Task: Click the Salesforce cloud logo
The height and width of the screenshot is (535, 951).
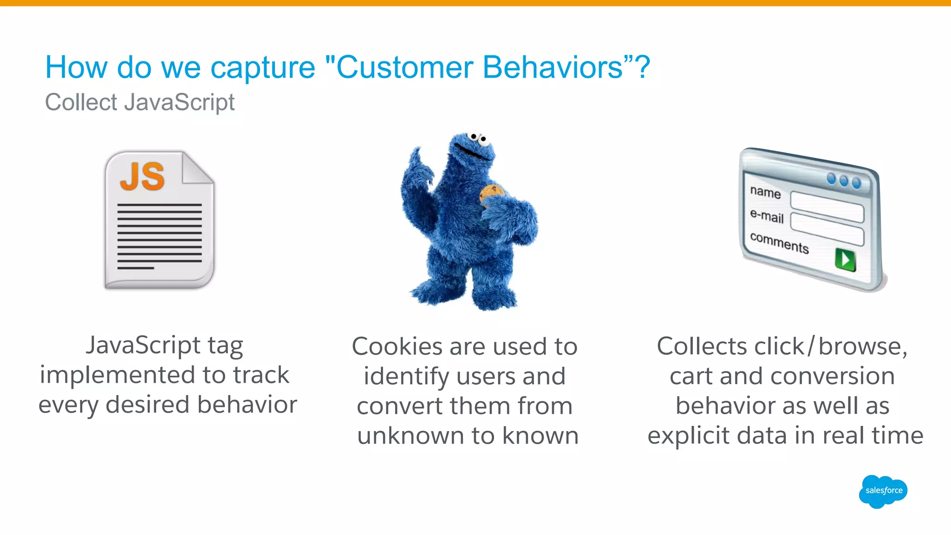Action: (x=883, y=491)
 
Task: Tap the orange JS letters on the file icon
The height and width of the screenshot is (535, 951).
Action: (x=142, y=177)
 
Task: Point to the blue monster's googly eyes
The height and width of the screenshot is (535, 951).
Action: (x=478, y=137)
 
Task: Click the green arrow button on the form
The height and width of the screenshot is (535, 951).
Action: (x=845, y=259)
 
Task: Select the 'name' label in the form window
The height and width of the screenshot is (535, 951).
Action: (x=765, y=192)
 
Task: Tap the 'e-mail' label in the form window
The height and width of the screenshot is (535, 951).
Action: (x=767, y=216)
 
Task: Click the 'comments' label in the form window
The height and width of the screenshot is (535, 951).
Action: (x=779, y=243)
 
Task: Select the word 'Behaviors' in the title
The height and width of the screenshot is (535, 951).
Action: (x=553, y=67)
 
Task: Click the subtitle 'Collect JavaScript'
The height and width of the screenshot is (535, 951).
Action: (x=140, y=102)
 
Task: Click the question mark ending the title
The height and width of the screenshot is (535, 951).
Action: (x=643, y=67)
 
